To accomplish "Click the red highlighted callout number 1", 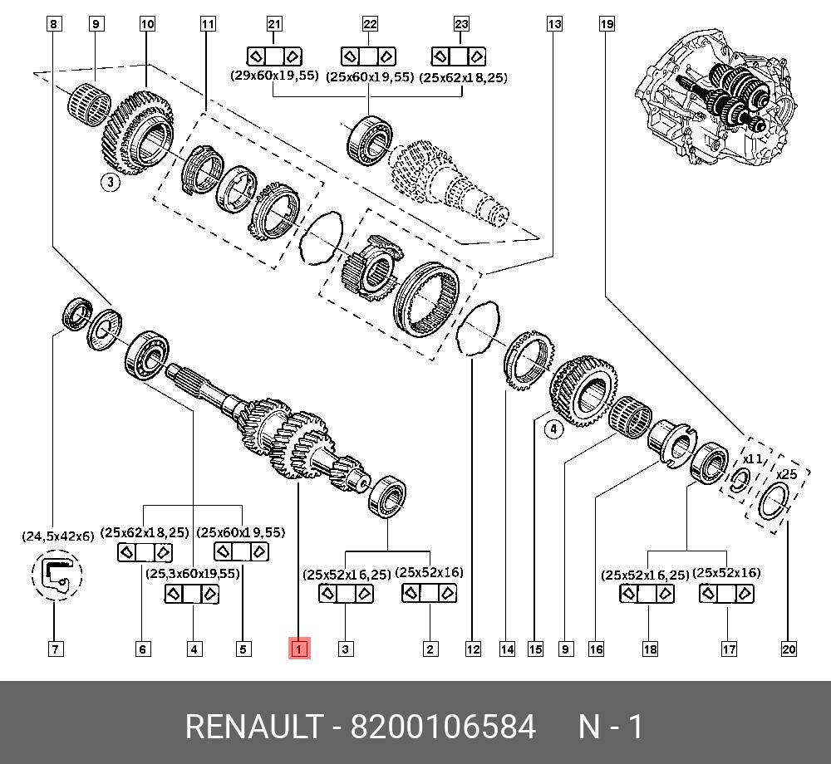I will [299, 649].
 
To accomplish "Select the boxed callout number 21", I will [274, 25].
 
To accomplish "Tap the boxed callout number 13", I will [554, 25].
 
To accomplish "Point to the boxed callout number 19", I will [607, 25].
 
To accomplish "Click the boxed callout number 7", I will [55, 649].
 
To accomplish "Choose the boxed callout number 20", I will [789, 649].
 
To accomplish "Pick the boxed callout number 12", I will [473, 649].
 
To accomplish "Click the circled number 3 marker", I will [111, 183].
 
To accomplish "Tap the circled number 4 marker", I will [553, 429].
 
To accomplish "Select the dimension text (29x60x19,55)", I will [274, 76].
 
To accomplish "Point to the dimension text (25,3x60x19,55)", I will [193, 573].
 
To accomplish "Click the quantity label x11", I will [752, 458].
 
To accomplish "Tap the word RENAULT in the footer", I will [253, 727].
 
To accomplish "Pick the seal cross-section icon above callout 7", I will [57, 577].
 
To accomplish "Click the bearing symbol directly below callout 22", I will [368, 56].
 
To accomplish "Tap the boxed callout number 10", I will [147, 25].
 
